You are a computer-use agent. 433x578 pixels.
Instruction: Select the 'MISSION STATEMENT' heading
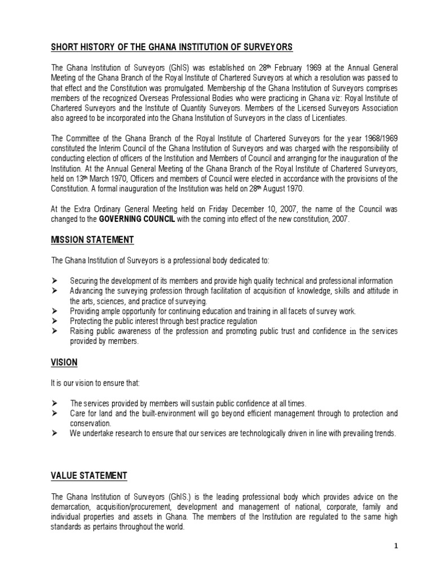click(x=92, y=240)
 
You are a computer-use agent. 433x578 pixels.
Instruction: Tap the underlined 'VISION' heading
click(x=64, y=362)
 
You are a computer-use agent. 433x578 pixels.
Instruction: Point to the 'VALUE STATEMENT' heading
click(x=89, y=476)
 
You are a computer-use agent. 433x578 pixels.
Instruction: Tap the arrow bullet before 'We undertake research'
click(x=55, y=433)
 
